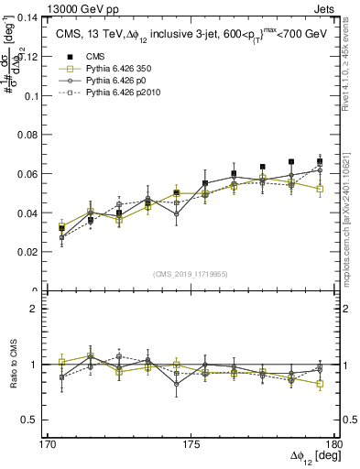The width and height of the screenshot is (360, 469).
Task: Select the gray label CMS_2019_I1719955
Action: (x=191, y=273)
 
